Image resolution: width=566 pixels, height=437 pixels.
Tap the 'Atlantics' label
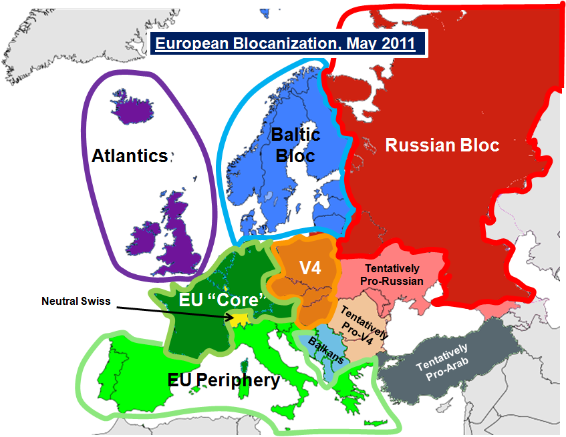pyautogui.click(x=130, y=156)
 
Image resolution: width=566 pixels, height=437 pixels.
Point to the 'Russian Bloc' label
pyautogui.click(x=442, y=145)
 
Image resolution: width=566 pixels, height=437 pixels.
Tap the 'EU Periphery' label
pyautogui.click(x=223, y=380)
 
